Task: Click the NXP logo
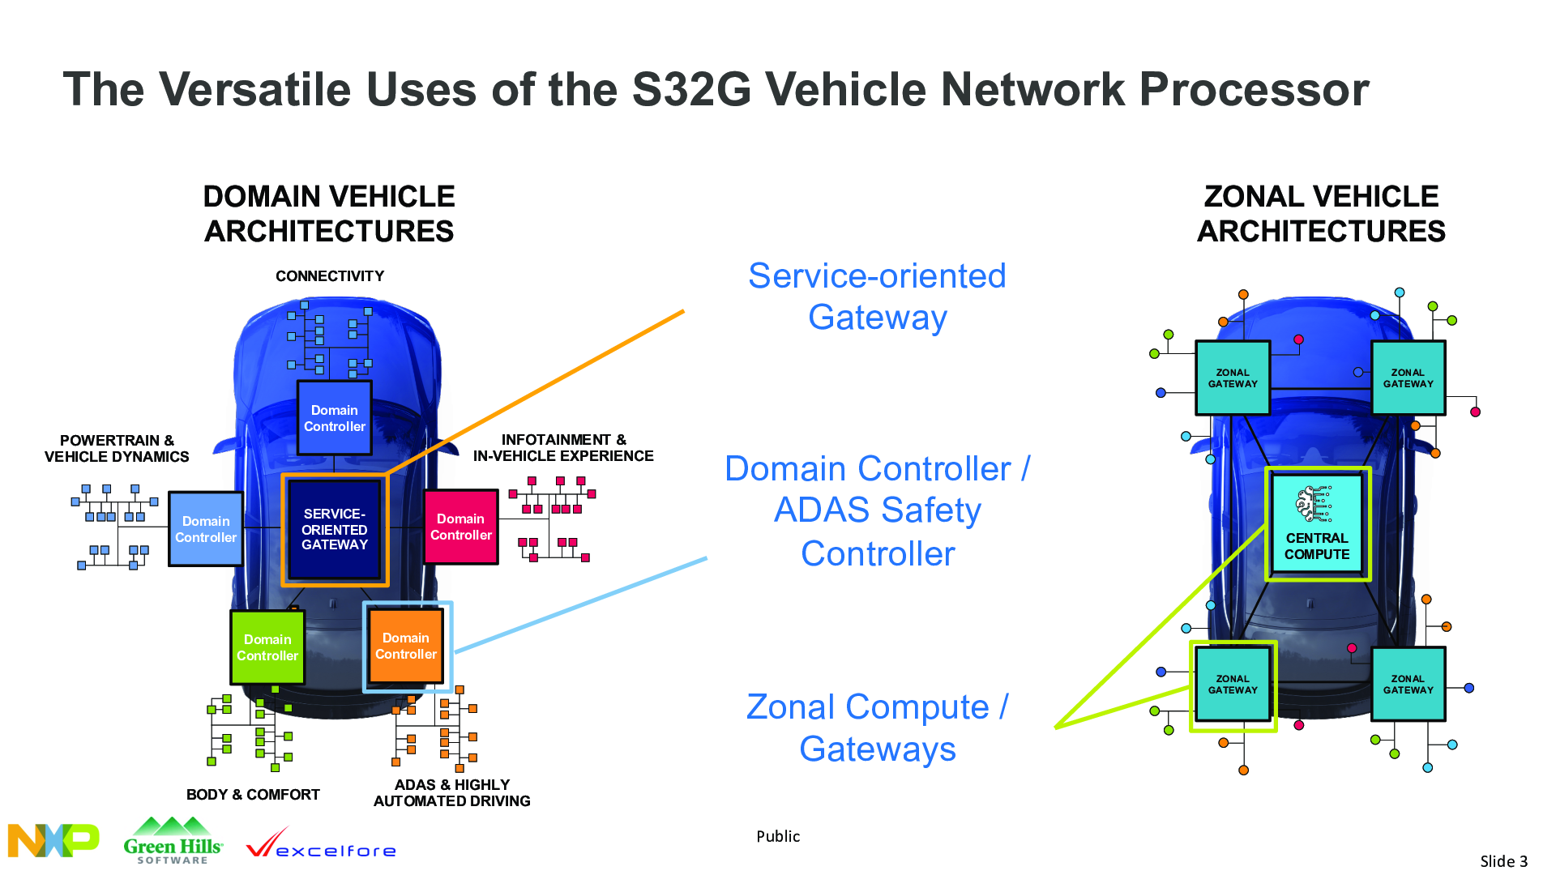(x=53, y=840)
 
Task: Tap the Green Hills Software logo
(x=173, y=841)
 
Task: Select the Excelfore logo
(x=321, y=844)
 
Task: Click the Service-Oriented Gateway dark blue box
(x=335, y=529)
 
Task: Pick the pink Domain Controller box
(x=460, y=527)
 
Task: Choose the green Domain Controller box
(x=267, y=647)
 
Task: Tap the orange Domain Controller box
(x=406, y=646)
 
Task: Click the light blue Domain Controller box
(x=206, y=529)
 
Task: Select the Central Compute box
(x=1317, y=524)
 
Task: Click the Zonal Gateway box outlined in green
(x=1233, y=685)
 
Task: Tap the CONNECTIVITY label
(x=330, y=276)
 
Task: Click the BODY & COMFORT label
(x=253, y=795)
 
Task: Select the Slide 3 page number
(x=1503, y=861)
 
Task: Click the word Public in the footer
(x=778, y=836)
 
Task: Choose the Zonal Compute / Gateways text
(x=878, y=728)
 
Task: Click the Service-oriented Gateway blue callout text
(x=878, y=297)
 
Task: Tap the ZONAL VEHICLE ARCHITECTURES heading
(x=1321, y=214)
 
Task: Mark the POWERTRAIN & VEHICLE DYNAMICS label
(x=117, y=449)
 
